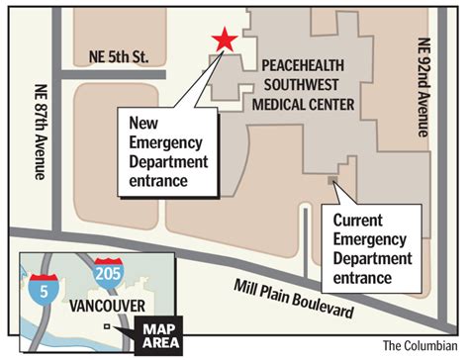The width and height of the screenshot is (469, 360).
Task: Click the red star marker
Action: point(225,40)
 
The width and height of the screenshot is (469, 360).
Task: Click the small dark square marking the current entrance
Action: point(331,181)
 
